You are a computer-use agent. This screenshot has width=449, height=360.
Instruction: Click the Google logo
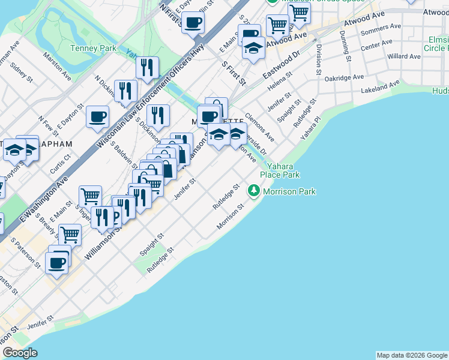20,353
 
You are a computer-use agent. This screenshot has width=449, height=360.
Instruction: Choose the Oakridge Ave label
344,77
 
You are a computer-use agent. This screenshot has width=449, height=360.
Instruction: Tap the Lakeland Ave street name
381,88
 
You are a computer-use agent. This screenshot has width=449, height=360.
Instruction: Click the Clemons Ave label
259,126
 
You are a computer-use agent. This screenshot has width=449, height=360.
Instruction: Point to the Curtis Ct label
61,161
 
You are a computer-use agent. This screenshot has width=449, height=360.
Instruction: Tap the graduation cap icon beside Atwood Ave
254,47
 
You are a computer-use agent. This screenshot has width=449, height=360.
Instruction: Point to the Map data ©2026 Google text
412,355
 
